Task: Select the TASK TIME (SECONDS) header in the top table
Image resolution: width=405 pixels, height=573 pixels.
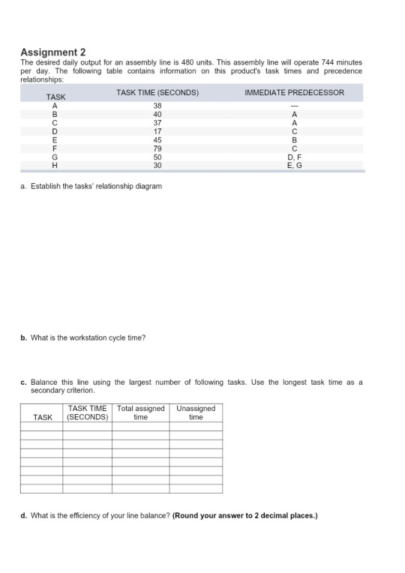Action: pyautogui.click(x=157, y=92)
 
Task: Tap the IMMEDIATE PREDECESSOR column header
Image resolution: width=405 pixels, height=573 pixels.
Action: pyautogui.click(x=295, y=92)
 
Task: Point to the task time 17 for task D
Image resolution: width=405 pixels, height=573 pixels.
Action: pyautogui.click(x=157, y=131)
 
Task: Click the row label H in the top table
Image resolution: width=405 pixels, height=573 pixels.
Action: pyautogui.click(x=54, y=166)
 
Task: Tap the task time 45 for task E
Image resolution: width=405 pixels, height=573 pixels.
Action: pyautogui.click(x=157, y=139)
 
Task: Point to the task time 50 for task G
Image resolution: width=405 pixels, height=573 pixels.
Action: pyautogui.click(x=157, y=158)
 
